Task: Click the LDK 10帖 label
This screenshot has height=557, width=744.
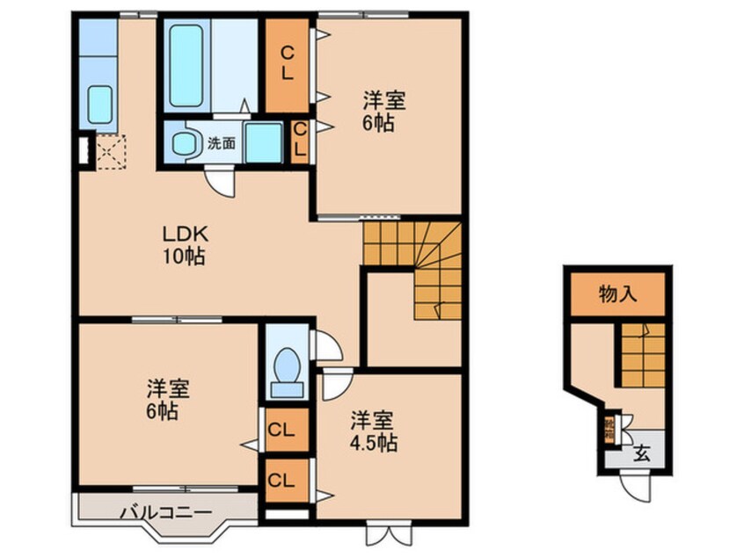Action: pos(184,245)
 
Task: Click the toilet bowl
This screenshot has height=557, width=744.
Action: pos(286,369)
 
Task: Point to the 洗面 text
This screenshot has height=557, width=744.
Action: pos(221,143)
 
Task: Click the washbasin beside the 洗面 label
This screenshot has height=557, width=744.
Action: pos(185,143)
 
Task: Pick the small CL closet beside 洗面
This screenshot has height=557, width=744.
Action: pos(299,141)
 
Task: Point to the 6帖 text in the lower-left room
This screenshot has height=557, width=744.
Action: pos(164,409)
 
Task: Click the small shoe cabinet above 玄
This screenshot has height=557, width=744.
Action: pos(609,431)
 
